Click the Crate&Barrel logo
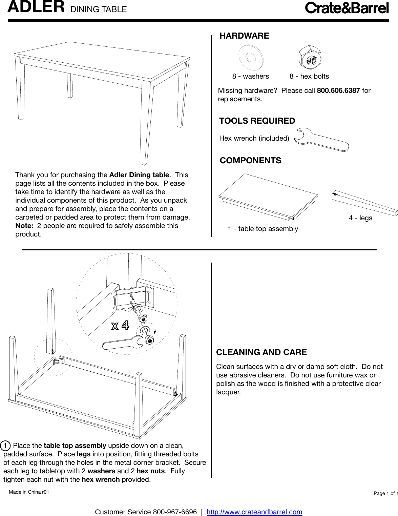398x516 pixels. point(347,8)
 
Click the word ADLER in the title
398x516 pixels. point(36,7)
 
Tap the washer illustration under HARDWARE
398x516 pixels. point(251,57)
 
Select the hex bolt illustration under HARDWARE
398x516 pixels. point(310,58)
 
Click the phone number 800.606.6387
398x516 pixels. point(338,90)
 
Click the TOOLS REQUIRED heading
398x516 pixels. point(257,121)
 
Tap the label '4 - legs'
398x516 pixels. point(360,218)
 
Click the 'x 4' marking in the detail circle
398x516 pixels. point(120,326)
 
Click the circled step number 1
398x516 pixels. point(5,446)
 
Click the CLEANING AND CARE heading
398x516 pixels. point(261,352)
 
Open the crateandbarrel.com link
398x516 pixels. point(254,512)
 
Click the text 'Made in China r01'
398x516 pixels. point(29,492)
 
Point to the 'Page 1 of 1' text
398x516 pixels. point(385,493)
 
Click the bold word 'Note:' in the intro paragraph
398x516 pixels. point(24,226)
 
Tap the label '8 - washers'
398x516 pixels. point(250,77)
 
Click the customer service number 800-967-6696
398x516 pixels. point(175,512)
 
